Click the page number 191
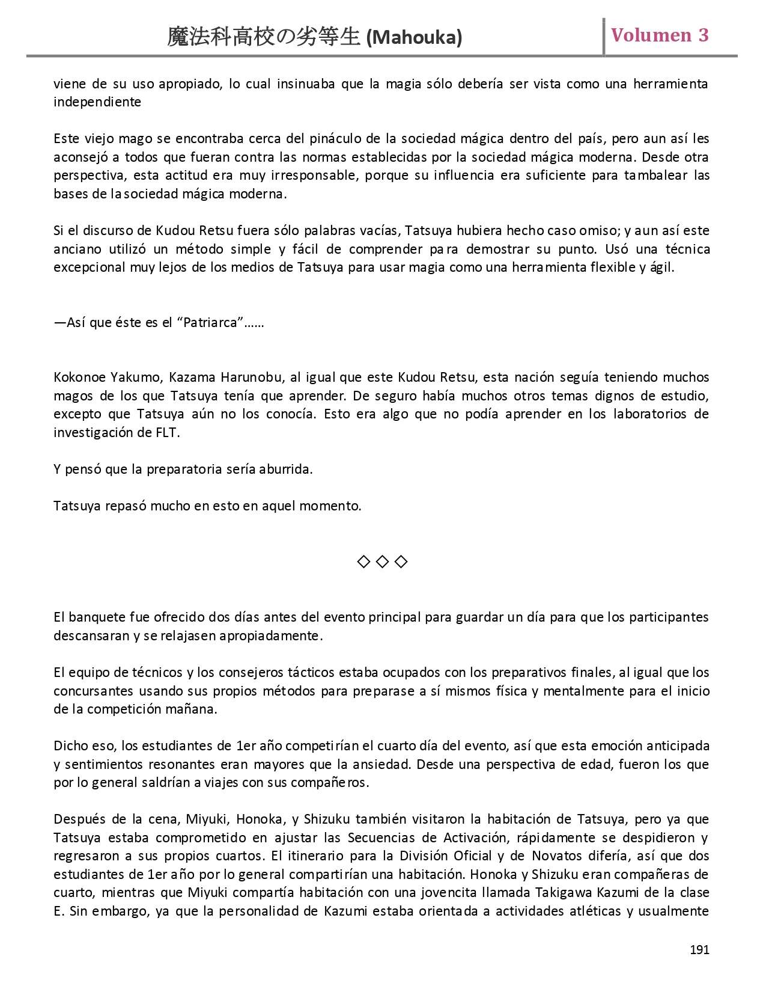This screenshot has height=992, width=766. (699, 950)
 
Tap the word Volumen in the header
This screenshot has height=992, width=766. (651, 35)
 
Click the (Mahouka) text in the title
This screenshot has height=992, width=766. (414, 38)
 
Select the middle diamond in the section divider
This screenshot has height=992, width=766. (382, 562)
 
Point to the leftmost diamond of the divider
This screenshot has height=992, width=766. (363, 562)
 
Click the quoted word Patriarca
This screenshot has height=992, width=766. (210, 323)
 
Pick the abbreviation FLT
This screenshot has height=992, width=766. (166, 433)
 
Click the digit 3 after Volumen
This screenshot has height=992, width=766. (703, 35)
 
